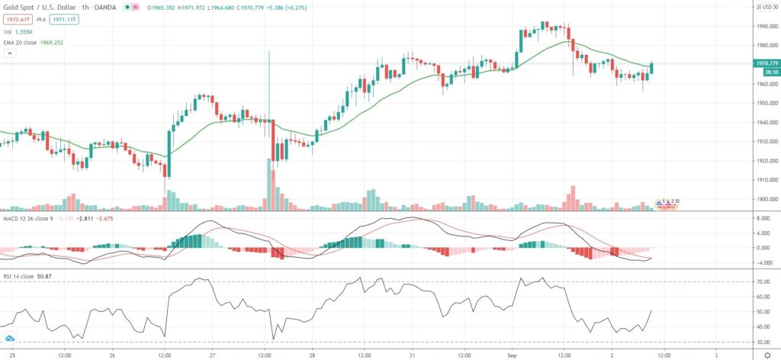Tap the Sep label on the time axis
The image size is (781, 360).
pyautogui.click(x=513, y=355)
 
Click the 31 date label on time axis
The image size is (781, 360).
pyautogui.click(x=413, y=355)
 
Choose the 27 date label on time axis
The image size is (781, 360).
pyautogui.click(x=213, y=355)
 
